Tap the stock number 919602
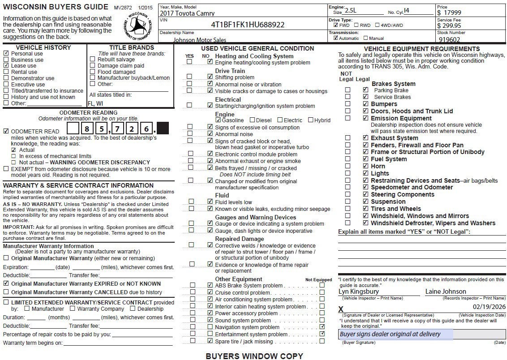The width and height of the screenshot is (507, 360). tap(449, 39)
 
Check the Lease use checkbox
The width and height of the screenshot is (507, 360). tap(6, 65)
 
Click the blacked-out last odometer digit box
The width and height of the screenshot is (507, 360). tap(163, 129)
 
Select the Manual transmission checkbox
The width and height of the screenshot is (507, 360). tap(366, 38)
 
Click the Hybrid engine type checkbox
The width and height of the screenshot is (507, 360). tap(310, 120)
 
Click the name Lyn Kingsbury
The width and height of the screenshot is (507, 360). tap(358, 291)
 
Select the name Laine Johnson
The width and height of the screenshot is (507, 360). tap(446, 291)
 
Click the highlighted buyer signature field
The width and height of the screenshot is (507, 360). tap(395, 334)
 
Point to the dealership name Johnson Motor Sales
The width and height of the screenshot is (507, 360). tap(200, 40)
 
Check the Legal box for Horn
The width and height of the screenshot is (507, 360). tap(365, 166)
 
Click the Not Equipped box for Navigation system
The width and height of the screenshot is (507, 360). tap(322, 327)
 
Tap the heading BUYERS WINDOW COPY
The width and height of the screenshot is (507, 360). tap(254, 356)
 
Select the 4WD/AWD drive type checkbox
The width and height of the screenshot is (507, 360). tap(377, 26)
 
